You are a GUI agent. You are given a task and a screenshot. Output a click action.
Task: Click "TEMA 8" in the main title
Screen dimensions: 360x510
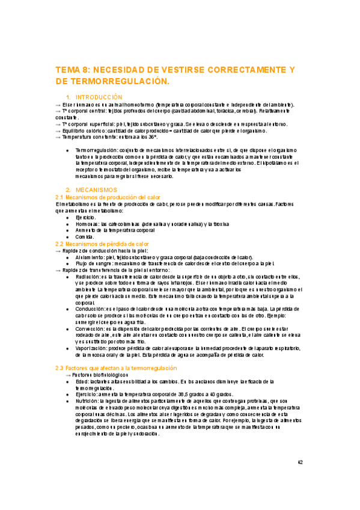(x=72, y=70)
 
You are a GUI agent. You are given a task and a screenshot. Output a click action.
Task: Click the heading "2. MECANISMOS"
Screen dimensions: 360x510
(x=96, y=189)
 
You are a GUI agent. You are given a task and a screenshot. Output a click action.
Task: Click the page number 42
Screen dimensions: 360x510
(x=301, y=462)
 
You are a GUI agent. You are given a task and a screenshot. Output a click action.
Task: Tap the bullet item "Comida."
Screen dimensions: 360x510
(x=86, y=237)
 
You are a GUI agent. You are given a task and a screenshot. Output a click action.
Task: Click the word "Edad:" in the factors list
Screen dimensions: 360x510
(x=82, y=381)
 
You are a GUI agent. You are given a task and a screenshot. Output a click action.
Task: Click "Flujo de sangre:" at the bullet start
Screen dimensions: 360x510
(x=96, y=263)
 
